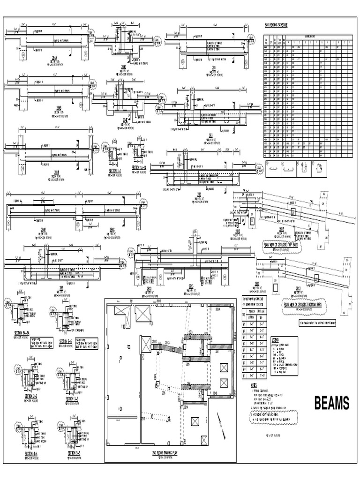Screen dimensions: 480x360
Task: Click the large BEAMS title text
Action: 331,403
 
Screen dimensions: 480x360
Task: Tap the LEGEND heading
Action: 278,339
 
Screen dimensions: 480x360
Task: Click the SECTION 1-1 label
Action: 115,171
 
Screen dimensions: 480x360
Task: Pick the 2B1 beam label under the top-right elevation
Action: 213,67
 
